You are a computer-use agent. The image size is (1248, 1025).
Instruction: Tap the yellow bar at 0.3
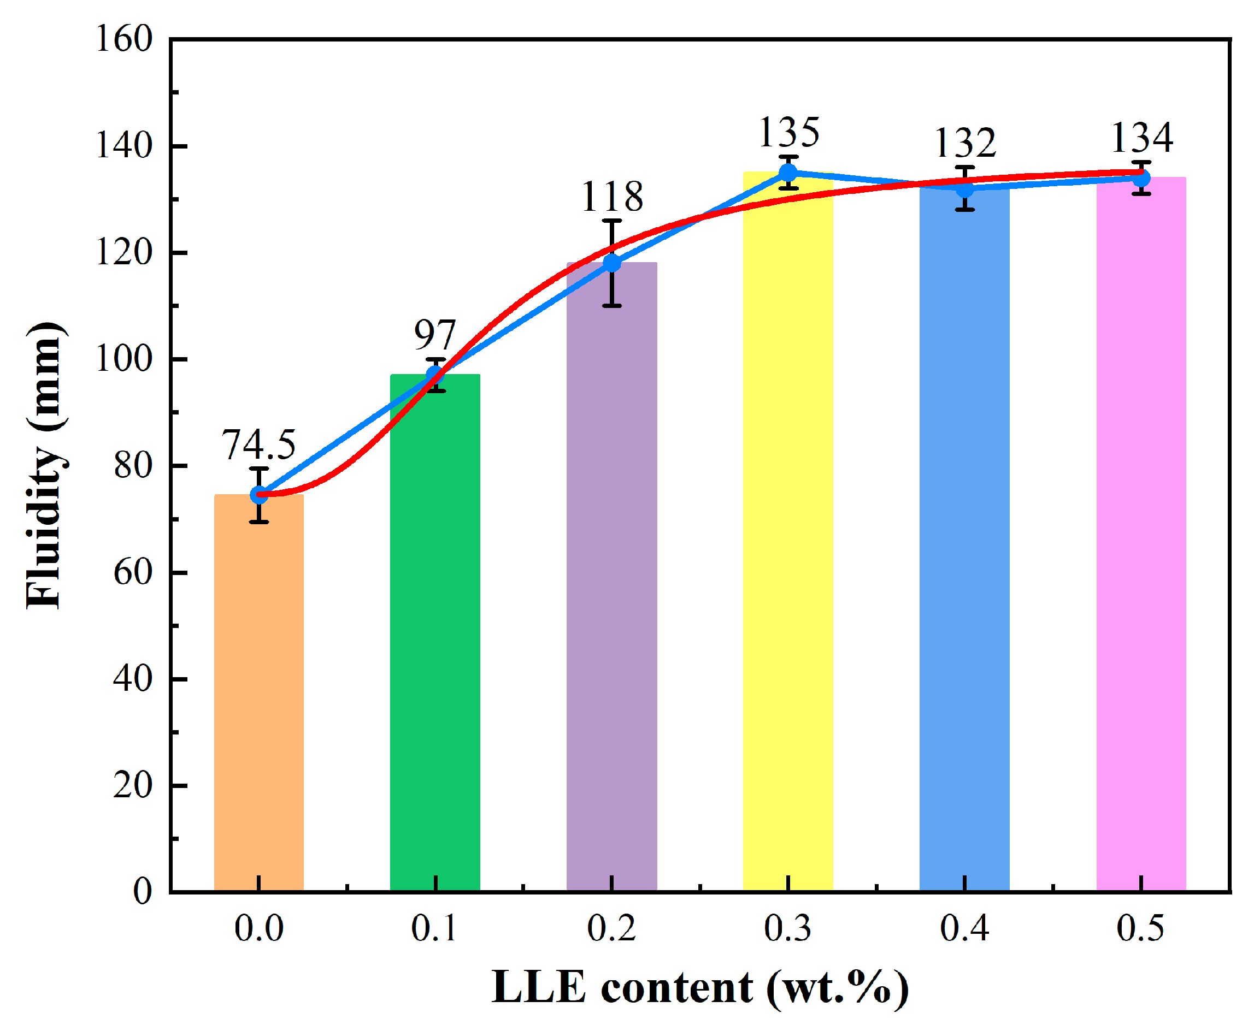coord(788,531)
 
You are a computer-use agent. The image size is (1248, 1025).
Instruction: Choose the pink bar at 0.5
coord(1141,531)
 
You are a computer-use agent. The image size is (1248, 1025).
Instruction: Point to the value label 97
coord(435,335)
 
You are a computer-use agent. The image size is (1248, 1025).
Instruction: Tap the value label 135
coord(788,132)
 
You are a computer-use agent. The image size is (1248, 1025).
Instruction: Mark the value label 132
coord(965,143)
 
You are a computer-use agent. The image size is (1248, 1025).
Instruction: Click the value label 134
coord(1141,138)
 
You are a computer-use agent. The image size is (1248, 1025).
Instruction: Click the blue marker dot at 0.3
coord(788,173)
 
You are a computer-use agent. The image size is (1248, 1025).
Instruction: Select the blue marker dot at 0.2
coord(612,263)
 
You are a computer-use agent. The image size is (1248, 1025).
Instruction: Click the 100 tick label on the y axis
coord(124,359)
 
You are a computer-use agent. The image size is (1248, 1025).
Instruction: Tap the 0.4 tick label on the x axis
coord(964,928)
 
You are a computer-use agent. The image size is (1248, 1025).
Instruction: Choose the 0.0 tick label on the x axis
coord(258,928)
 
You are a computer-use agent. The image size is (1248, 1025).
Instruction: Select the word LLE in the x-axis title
coord(538,987)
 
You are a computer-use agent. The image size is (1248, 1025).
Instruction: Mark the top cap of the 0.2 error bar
coord(612,221)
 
